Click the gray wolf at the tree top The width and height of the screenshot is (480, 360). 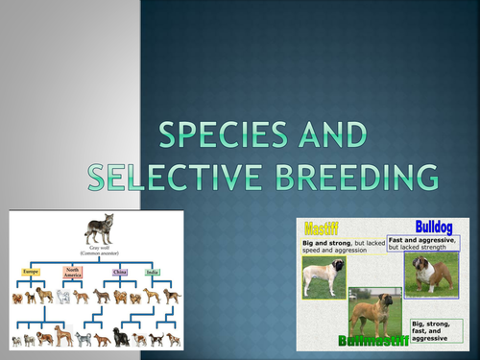click(97, 230)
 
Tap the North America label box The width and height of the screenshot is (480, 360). click(74, 273)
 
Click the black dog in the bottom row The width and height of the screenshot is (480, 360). click(121, 336)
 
